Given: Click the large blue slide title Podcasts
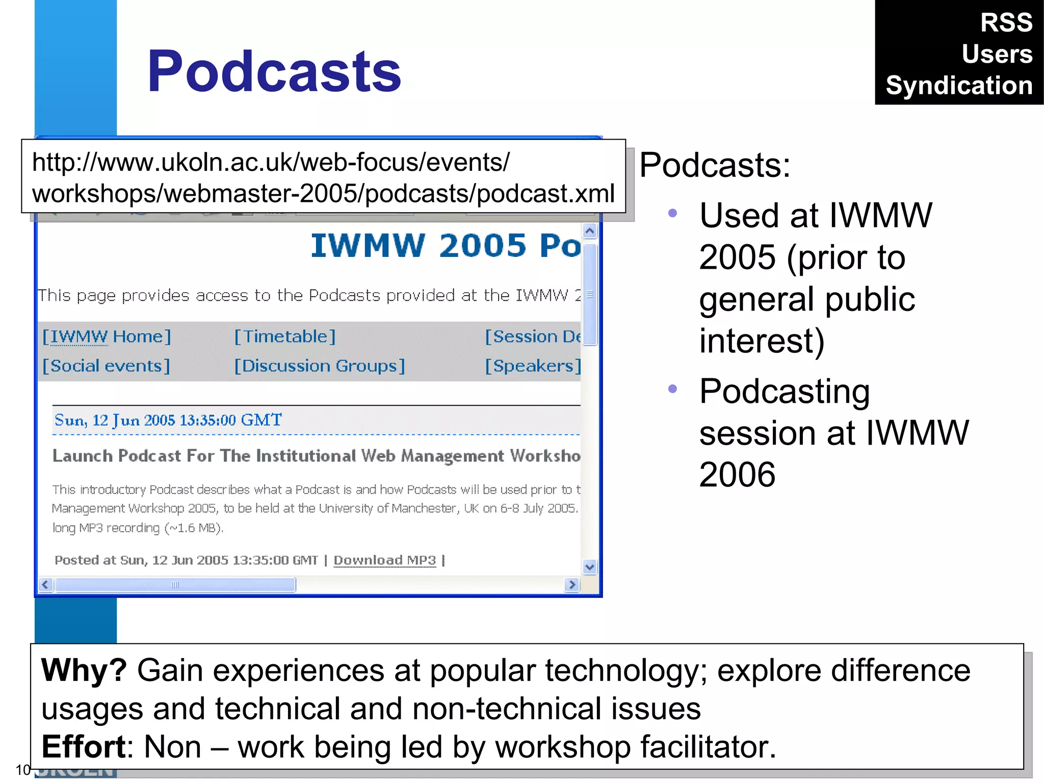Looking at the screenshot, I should (274, 71).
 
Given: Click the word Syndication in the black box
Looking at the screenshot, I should (959, 85).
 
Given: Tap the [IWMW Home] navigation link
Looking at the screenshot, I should (107, 336).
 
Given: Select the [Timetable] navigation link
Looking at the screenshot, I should (284, 336).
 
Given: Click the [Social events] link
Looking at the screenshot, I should (106, 366).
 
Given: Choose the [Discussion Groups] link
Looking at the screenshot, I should (320, 366).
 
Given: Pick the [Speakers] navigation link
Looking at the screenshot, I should (532, 366).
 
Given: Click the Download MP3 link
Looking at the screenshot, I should (385, 560).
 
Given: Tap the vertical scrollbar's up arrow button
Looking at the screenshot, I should (590, 231).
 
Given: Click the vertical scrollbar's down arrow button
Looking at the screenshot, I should (590, 566).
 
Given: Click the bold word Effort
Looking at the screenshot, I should (83, 747).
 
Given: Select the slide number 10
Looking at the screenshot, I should (23, 770).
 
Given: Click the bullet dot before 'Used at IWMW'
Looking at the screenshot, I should (672, 213).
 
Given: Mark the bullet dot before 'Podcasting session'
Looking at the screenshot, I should (672, 389).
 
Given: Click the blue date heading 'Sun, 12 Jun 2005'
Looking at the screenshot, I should (168, 420).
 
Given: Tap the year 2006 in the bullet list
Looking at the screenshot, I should (737, 475).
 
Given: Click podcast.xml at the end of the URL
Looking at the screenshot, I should (545, 194).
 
